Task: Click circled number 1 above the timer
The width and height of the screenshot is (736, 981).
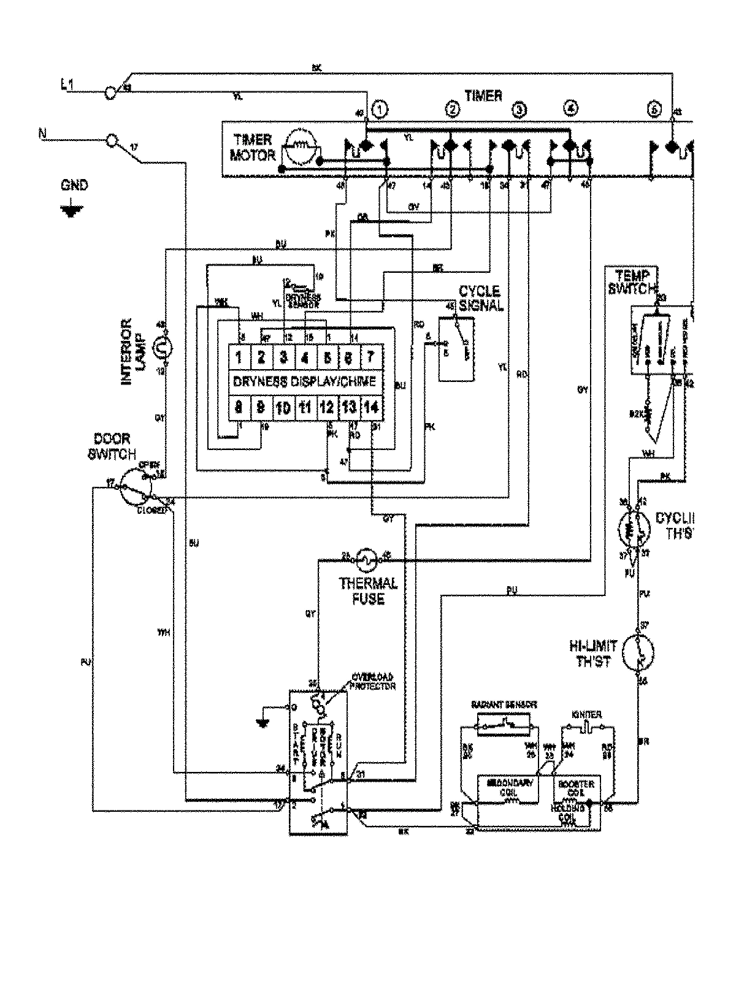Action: click(x=380, y=111)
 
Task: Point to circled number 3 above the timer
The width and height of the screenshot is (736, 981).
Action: click(x=519, y=111)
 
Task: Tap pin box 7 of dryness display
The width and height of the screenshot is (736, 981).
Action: click(x=370, y=357)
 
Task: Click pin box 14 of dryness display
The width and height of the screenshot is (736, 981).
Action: click(x=370, y=407)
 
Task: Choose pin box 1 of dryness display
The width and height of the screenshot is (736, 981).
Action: click(x=239, y=357)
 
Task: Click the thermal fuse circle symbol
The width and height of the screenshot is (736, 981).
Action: click(x=364, y=557)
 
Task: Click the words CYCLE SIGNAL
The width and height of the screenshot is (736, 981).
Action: click(x=479, y=298)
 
